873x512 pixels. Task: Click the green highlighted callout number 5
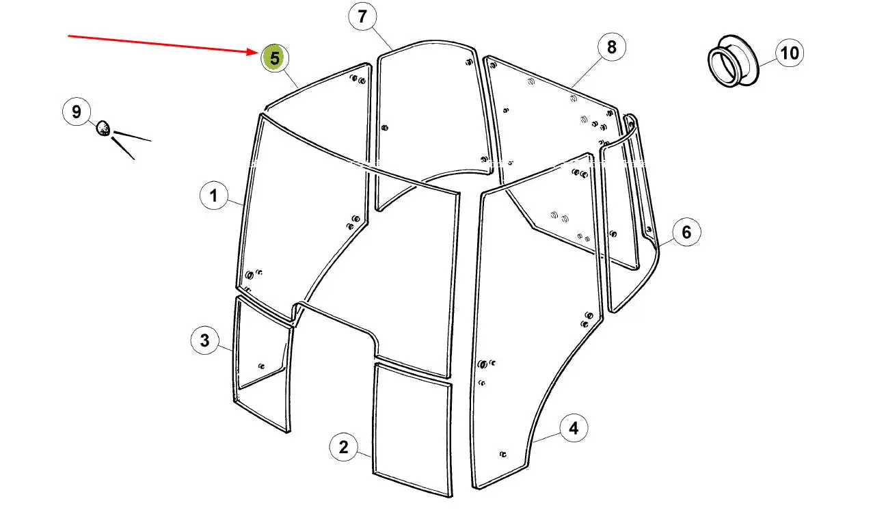coord(275,58)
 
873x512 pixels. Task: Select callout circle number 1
coord(213,196)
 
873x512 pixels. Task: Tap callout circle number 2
coord(343,447)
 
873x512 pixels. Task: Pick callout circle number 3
coord(205,340)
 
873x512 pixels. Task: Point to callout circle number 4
coord(574,428)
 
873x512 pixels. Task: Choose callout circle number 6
coord(686,232)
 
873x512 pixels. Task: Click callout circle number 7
coord(362,17)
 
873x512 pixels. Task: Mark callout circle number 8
coord(612,47)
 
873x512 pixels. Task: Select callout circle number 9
coord(77,112)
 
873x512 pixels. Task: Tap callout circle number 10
coord(790,53)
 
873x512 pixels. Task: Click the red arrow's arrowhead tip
coord(258,53)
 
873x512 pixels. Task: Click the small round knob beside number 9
coord(103,129)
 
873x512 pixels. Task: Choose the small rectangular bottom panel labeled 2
coord(412,430)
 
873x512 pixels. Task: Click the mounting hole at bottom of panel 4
coord(502,455)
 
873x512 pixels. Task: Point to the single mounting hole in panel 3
coord(262,366)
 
